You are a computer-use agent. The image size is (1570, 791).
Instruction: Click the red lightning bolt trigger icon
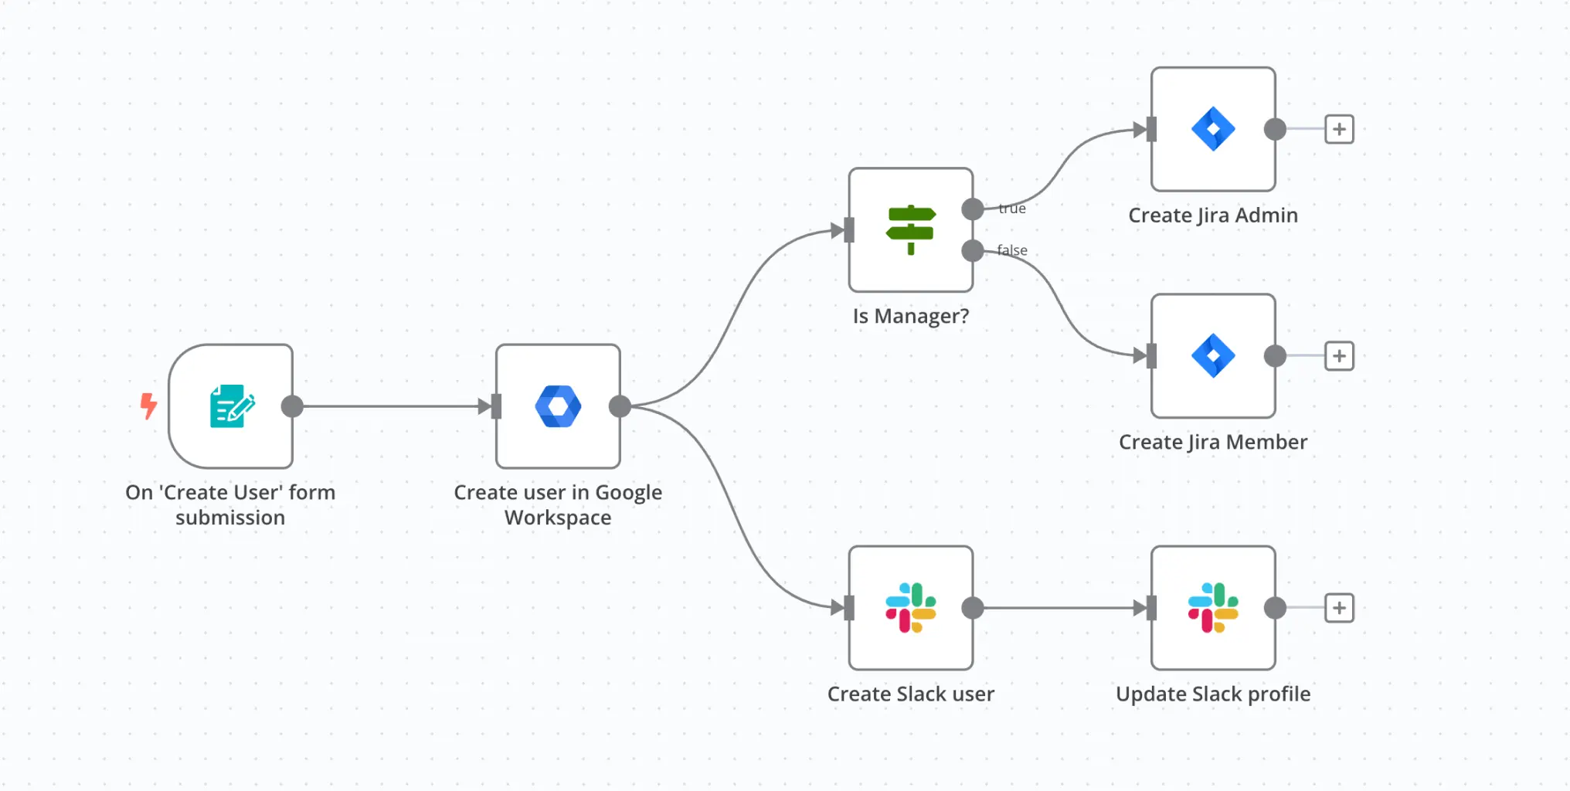[x=148, y=406]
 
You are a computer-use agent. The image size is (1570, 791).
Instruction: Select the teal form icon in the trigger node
[x=232, y=406]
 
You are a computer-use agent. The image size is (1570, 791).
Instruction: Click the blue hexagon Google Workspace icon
[x=558, y=406]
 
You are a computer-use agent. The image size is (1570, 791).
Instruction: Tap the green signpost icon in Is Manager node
[x=911, y=229]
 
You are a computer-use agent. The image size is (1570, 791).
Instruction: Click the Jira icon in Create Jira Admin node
[x=1213, y=129]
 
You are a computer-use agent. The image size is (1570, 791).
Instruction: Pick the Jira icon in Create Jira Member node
[x=1213, y=355]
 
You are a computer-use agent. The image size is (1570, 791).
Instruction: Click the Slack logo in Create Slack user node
[x=911, y=608]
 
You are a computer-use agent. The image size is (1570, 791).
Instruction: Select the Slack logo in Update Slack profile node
[x=1213, y=608]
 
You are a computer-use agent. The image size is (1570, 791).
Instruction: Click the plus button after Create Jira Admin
[x=1339, y=129]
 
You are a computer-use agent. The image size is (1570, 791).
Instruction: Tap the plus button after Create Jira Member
[x=1339, y=355]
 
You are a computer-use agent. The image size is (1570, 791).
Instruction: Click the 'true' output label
[x=1012, y=209]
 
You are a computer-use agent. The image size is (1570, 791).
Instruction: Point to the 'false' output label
[x=1012, y=250]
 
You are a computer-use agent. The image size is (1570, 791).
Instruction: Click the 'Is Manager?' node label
[x=911, y=316]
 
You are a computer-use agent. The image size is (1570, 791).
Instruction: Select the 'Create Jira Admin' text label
[x=1213, y=216]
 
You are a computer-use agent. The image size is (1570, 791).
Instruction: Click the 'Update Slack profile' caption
[x=1213, y=694]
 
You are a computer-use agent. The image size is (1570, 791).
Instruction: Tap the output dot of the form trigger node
[x=292, y=406]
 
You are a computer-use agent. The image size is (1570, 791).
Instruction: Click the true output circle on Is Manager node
[x=973, y=209]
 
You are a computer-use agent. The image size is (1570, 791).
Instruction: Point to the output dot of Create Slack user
[x=973, y=608]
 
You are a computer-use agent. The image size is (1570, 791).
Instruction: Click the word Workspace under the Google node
[x=558, y=518]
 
